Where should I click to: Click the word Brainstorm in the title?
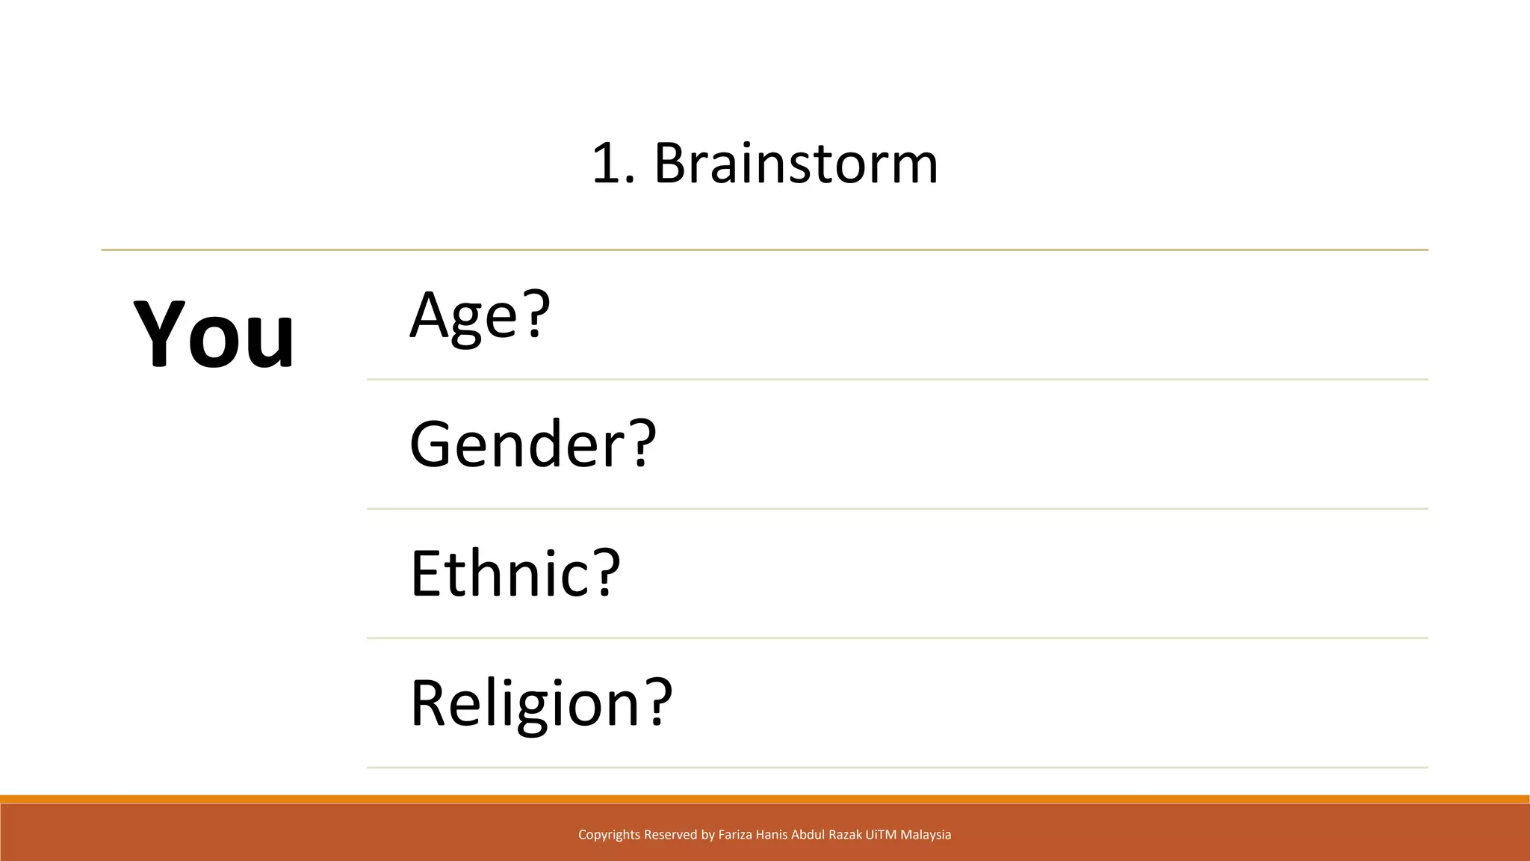796,163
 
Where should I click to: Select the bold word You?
214,334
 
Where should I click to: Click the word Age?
463,315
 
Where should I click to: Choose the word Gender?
516,444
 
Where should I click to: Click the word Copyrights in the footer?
609,835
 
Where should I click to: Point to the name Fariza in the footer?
735,835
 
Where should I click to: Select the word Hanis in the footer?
772,835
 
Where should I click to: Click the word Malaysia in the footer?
926,835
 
